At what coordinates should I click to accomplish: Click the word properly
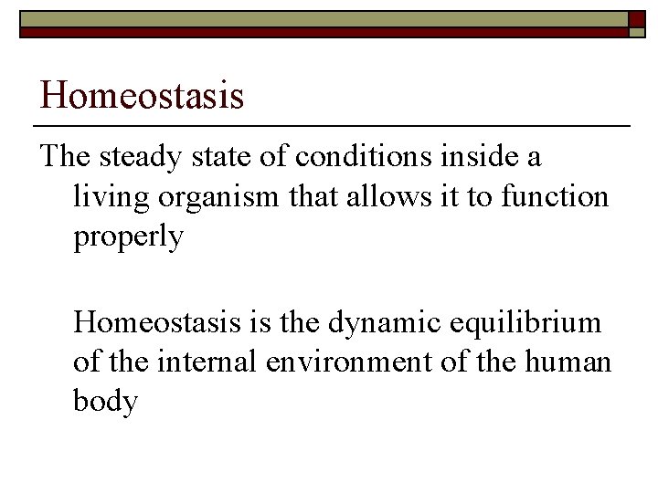click(x=129, y=237)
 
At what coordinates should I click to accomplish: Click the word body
click(x=105, y=401)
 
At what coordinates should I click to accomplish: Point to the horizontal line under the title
click(x=331, y=124)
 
